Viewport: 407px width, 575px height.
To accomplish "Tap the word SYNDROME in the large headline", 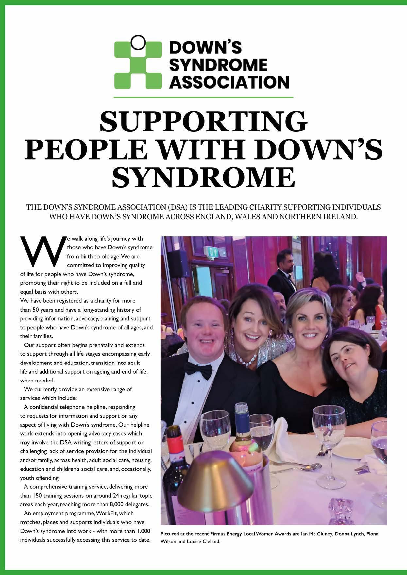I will (203, 177).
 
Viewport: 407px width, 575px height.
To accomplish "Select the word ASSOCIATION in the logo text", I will (230, 82).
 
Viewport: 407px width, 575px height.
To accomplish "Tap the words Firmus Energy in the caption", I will (237, 534).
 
